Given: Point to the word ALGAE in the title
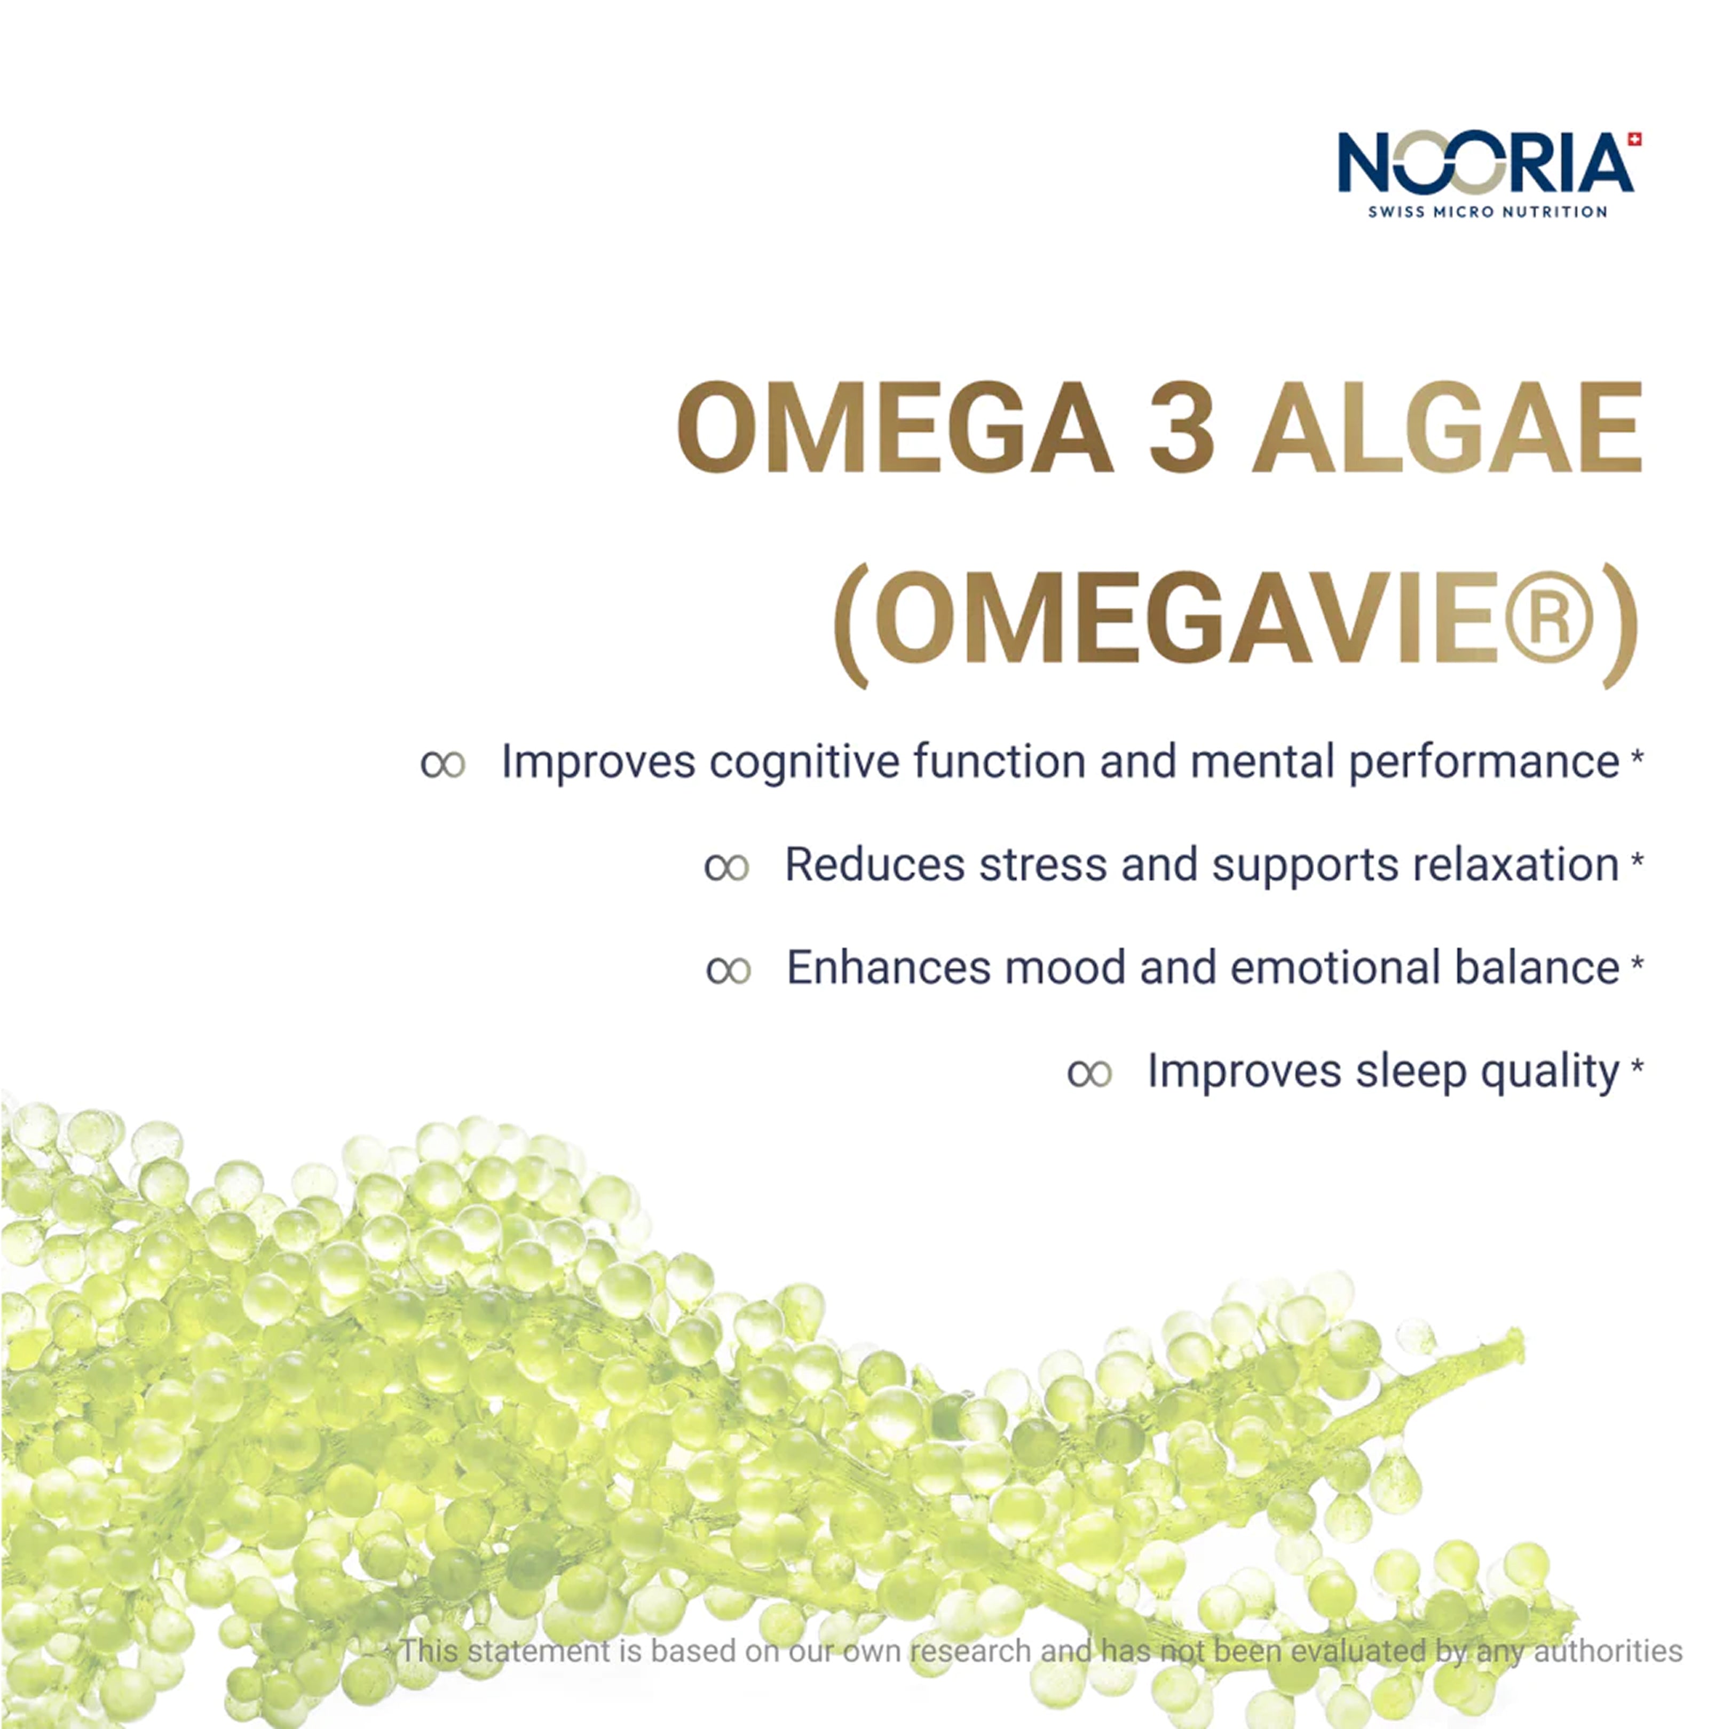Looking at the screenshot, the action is coord(1447,427).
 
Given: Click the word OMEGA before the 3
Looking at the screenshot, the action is coord(894,427).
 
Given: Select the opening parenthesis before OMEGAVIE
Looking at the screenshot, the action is coord(851,625).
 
